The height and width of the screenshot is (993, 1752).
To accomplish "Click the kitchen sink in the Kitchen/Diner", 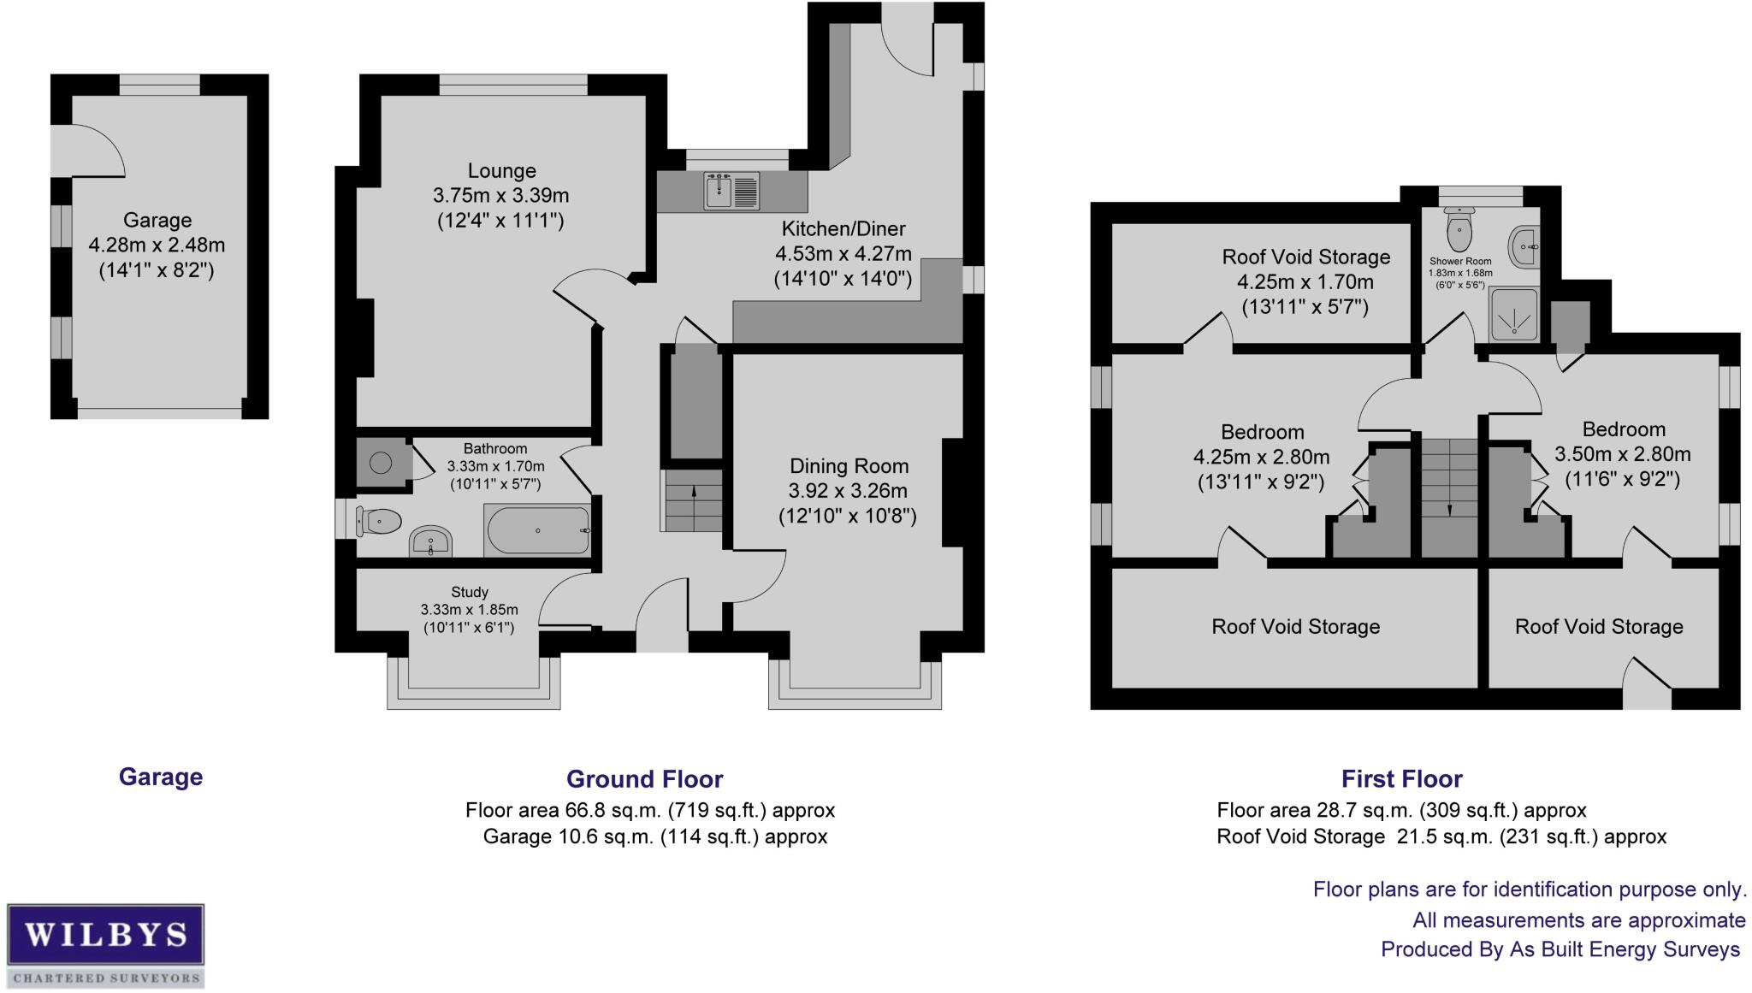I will (731, 191).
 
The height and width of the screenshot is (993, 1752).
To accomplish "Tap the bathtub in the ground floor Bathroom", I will (537, 530).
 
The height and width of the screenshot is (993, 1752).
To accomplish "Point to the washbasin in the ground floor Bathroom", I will (430, 541).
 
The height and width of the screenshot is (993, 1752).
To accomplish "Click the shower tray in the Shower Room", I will (1514, 314).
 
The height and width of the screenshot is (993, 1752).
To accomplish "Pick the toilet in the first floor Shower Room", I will (1459, 228).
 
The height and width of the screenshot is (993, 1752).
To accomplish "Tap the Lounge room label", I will (501, 171).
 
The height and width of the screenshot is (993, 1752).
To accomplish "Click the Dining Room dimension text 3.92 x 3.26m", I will (848, 491).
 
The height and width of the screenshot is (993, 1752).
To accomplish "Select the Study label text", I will (470, 592).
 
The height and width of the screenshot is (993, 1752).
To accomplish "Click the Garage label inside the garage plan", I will (157, 221).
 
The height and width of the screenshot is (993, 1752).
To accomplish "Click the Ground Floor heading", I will (644, 779).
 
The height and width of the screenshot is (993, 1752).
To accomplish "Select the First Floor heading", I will (1401, 779).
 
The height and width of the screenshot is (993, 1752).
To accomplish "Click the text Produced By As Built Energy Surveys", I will (1560, 949).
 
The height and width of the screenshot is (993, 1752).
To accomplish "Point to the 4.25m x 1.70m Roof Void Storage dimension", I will (1305, 282).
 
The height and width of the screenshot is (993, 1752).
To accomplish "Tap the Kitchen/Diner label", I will (843, 229).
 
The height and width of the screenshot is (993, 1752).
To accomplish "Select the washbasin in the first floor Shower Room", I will (1524, 246).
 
